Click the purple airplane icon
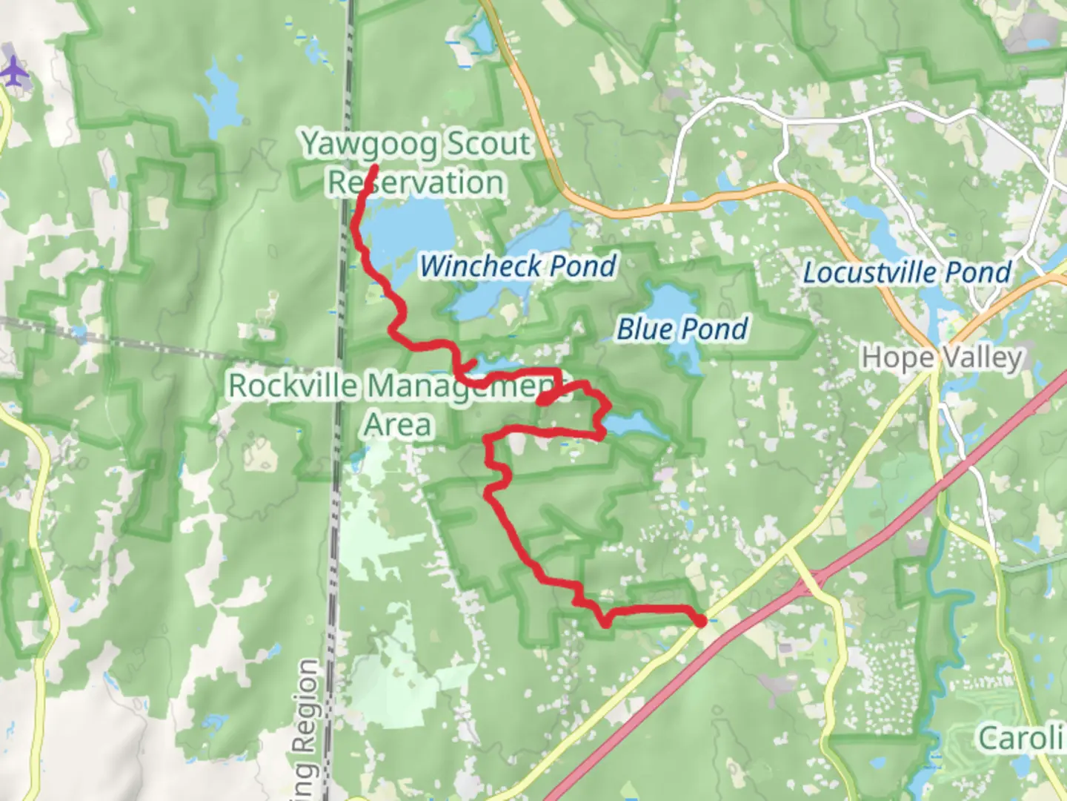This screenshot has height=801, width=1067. (13, 73)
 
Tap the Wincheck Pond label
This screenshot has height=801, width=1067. (518, 266)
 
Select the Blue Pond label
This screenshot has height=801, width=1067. (682, 329)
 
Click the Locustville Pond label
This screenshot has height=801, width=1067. (908, 272)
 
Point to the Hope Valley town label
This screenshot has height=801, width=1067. (942, 357)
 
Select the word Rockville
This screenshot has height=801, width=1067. (293, 386)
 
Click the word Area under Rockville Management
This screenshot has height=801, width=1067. (397, 424)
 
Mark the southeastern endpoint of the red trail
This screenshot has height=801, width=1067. (700, 622)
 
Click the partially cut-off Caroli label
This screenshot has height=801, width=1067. (1021, 738)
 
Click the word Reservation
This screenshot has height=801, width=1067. (416, 182)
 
